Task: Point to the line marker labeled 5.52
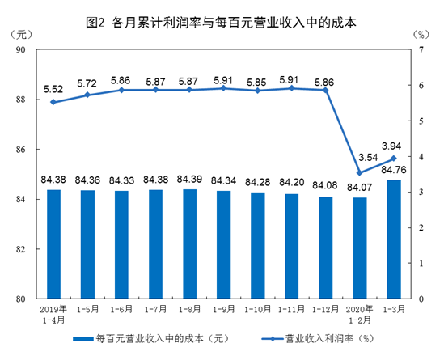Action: click(53, 102)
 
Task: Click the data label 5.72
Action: click(87, 83)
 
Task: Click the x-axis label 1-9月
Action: click(222, 308)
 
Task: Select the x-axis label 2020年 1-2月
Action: click(358, 313)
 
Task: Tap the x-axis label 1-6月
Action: click(121, 308)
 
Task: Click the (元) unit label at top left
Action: click(23, 36)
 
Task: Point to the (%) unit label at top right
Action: click(420, 36)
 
